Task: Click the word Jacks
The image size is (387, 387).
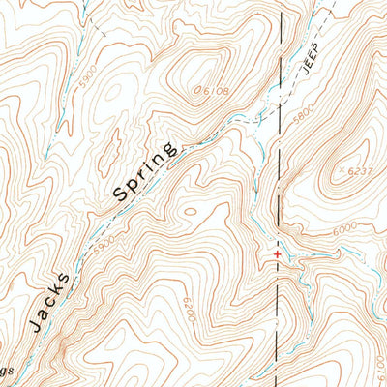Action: [x=49, y=303]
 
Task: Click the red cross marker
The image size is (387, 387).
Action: [x=279, y=254]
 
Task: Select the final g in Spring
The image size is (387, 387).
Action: [x=171, y=150]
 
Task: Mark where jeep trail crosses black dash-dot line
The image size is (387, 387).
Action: [x=283, y=100]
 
